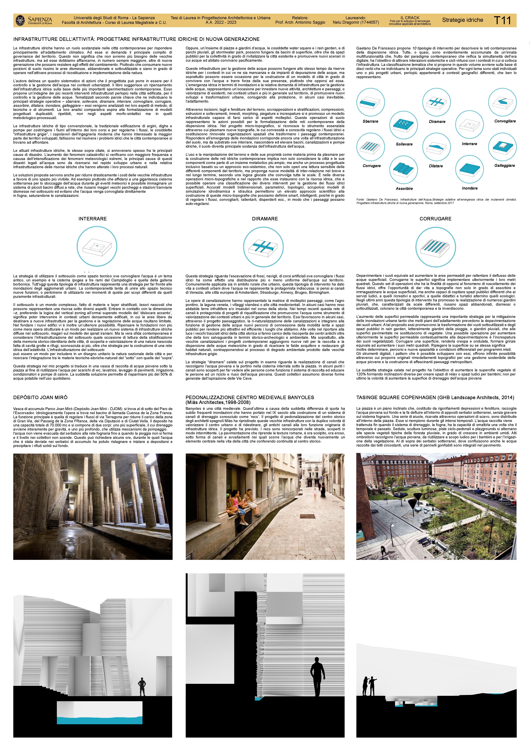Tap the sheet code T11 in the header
502,20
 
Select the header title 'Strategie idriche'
462,20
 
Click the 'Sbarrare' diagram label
370,121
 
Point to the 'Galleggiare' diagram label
504,165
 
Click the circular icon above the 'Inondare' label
470,169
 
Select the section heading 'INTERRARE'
92,219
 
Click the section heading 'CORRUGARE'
435,219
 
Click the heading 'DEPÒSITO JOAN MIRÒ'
40,397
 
